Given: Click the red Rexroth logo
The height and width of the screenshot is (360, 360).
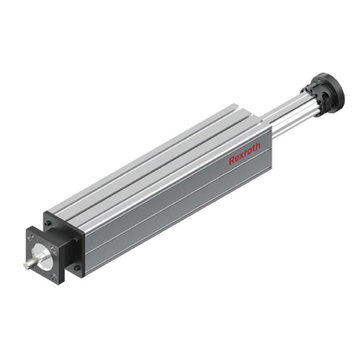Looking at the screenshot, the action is pos(244,153).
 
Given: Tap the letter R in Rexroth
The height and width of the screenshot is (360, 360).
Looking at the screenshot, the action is pos(232,161).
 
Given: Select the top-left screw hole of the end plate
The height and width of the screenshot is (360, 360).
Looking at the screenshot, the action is pos(48,223).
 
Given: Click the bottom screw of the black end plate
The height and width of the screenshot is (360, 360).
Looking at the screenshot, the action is pos(76,268).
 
